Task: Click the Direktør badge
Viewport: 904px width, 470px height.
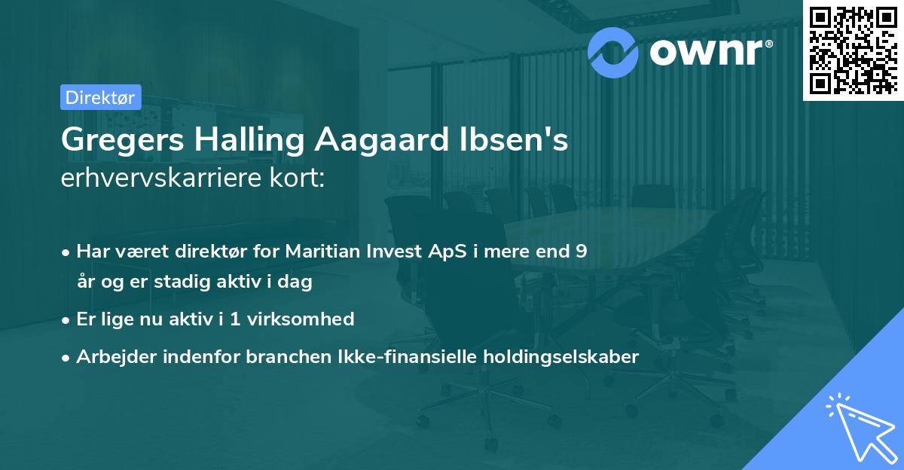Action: point(100,97)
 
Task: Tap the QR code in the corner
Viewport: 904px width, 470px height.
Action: point(852,50)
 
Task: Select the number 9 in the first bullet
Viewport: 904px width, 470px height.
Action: point(581,252)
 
